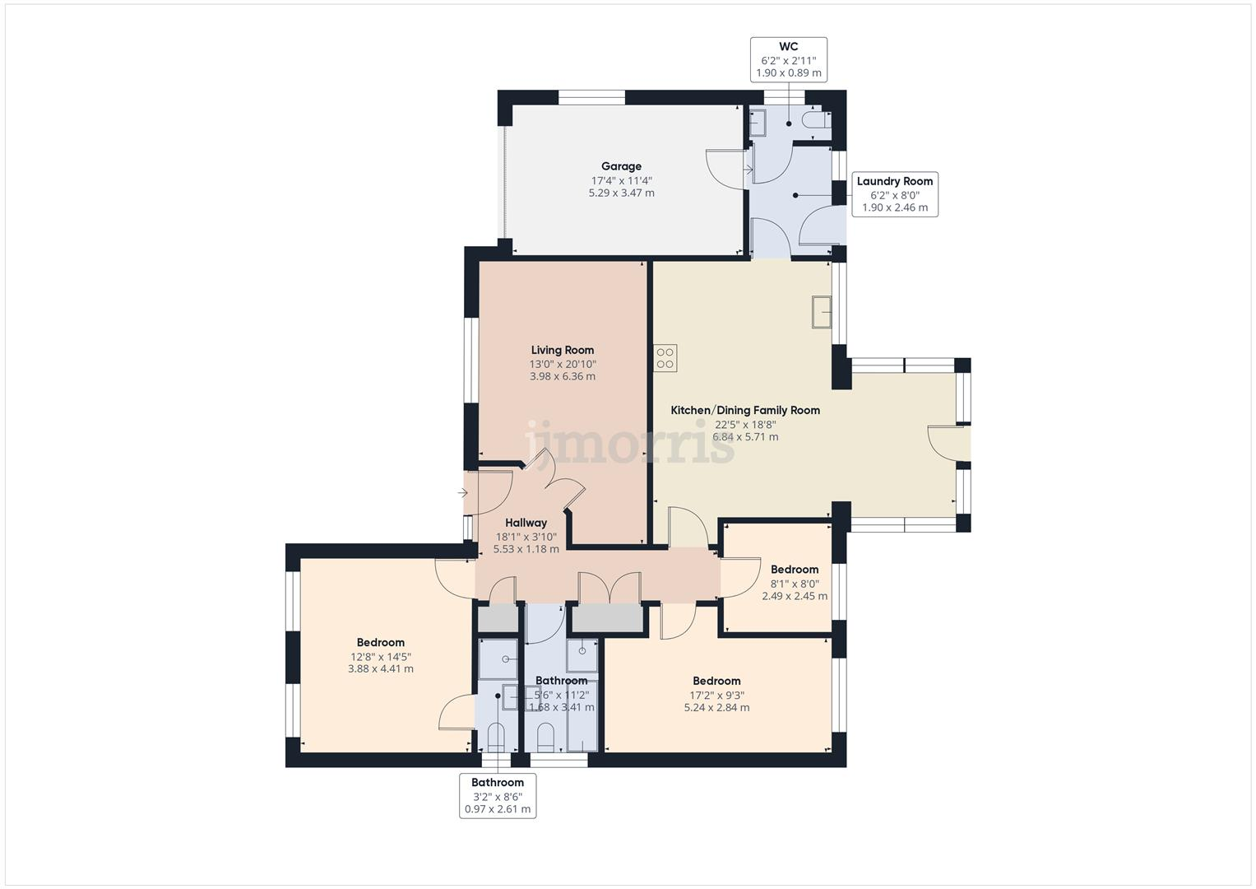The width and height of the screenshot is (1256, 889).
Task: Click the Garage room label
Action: (x=621, y=166)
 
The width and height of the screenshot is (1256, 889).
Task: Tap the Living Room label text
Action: (x=563, y=350)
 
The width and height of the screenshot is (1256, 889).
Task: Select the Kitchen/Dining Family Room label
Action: (x=745, y=410)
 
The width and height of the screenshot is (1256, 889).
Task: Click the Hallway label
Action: (x=526, y=523)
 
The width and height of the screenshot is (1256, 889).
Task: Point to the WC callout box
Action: (x=788, y=59)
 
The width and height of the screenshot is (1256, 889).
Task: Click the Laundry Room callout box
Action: (x=895, y=194)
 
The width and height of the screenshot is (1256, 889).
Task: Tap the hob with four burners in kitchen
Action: (x=665, y=358)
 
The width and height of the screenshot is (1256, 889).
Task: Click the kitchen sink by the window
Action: (x=822, y=312)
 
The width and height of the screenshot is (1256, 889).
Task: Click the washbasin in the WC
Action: (x=758, y=123)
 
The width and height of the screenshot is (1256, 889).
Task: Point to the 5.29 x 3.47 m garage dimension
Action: (x=621, y=193)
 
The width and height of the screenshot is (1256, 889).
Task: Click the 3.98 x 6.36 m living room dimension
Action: (x=563, y=377)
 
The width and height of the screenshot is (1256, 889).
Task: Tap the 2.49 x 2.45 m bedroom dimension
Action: (x=795, y=596)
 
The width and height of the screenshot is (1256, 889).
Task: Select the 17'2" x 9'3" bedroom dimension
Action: (x=716, y=696)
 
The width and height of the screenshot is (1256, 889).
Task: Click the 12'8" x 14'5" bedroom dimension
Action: (x=381, y=657)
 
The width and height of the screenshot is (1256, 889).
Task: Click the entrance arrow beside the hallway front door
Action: (x=462, y=493)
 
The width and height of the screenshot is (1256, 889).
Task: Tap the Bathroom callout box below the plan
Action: (x=498, y=796)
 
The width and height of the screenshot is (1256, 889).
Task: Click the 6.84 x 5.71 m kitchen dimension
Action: (x=745, y=436)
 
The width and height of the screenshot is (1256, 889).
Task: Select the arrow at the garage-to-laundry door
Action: (x=749, y=170)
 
